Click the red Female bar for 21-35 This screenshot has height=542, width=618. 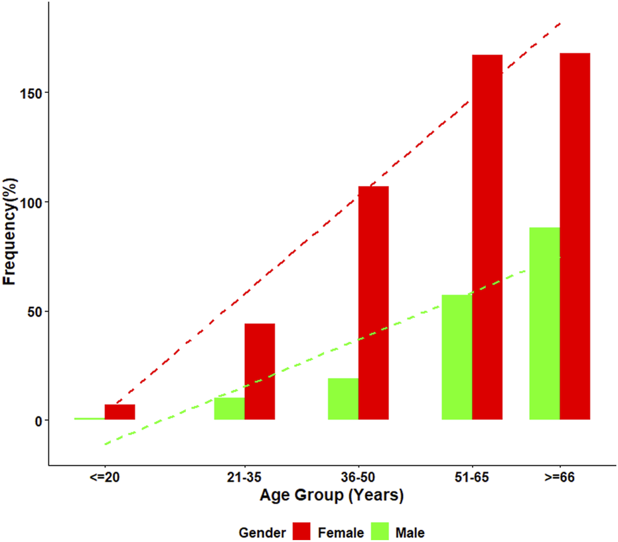[x=260, y=371]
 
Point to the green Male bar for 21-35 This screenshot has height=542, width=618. [x=229, y=408]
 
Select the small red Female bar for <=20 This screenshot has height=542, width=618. [x=119, y=412]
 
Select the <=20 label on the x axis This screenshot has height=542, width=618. [x=104, y=478]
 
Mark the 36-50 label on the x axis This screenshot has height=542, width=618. [x=358, y=478]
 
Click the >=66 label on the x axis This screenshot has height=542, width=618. [x=560, y=478]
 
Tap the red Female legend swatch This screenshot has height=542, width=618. [x=302, y=531]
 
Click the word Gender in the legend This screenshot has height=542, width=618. [x=262, y=532]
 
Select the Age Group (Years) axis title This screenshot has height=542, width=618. [x=331, y=496]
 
